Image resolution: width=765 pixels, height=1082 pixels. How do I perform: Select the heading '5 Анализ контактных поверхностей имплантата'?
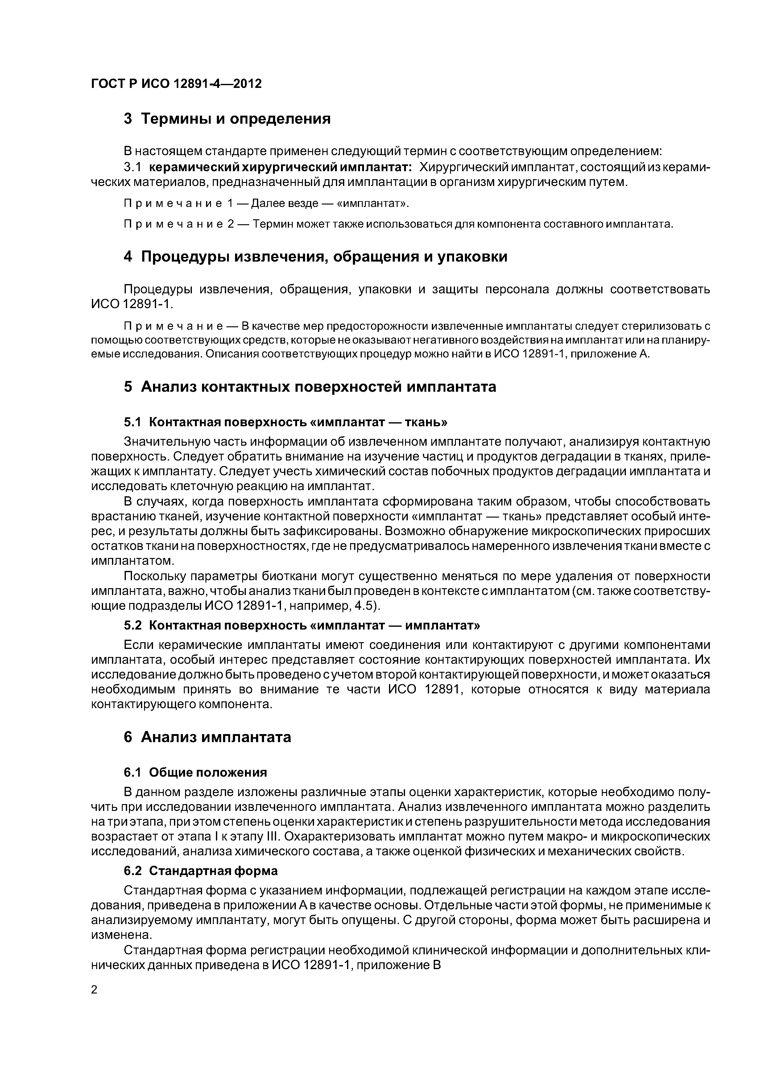coord(310,387)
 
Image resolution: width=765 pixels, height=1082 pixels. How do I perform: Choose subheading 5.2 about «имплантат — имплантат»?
coord(302,625)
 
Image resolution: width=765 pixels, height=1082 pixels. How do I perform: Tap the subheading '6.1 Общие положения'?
coord(195,772)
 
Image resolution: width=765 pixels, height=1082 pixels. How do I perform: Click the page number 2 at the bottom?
coord(94,990)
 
